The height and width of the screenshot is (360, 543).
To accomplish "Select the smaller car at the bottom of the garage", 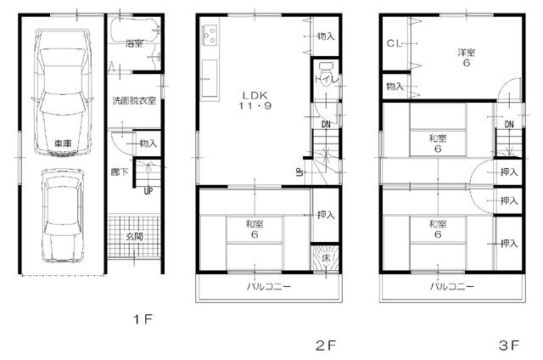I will [x=62, y=217].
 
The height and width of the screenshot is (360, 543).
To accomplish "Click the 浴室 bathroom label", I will [x=133, y=42].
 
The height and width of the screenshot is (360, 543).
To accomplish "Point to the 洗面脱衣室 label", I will [x=134, y=101].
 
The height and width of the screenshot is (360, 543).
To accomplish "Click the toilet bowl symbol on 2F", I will [x=326, y=70].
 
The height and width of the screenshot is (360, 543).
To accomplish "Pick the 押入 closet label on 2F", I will [x=325, y=216].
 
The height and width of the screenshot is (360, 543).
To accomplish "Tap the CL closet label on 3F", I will [x=394, y=42].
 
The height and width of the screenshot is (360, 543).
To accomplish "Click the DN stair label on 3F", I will [x=509, y=126].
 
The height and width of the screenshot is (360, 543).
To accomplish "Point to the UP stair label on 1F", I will [x=148, y=190].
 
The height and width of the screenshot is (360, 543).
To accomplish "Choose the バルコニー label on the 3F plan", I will [x=450, y=288].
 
